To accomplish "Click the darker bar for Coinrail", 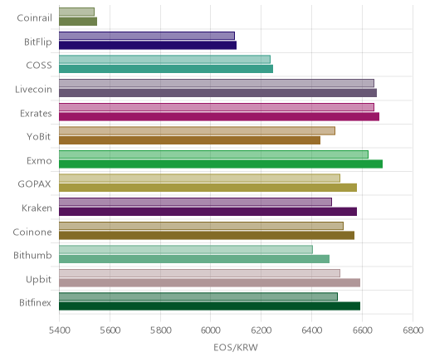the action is (x=78, y=22).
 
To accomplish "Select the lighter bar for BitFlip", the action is (x=147, y=36).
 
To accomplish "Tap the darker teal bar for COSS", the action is (x=166, y=69).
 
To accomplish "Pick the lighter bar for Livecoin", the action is (x=217, y=83).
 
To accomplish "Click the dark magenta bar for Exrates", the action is (x=219, y=117).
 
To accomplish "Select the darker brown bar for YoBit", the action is (x=190, y=140).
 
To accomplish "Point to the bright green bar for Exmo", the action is (x=221, y=164).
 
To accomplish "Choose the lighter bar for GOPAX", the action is (x=200, y=178).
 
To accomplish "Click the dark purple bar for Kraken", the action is (x=208, y=212).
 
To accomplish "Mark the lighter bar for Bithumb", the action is (x=186, y=249).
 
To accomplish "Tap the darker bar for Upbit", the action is (x=210, y=283).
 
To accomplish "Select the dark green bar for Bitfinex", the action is (x=210, y=306).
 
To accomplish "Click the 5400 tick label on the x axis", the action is (x=59, y=330).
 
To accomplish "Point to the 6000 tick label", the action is (x=210, y=330).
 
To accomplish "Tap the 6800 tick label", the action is (x=413, y=330).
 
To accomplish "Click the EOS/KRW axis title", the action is (x=236, y=347).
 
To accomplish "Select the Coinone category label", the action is (x=32, y=232).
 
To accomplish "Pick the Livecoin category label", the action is (x=33, y=89).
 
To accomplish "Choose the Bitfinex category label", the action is (x=35, y=302).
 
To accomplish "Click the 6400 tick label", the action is (x=311, y=330).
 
